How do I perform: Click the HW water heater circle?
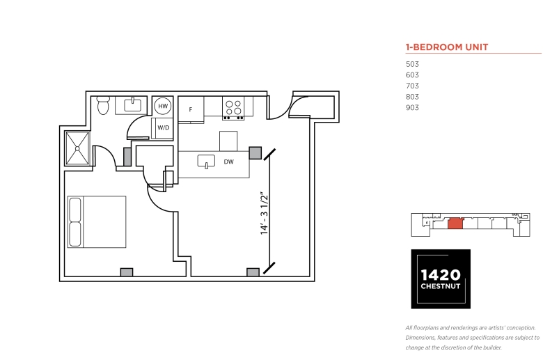point(163,106)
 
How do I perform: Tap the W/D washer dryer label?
point(164,127)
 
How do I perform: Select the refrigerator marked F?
point(191,109)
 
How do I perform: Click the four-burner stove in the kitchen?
point(233,108)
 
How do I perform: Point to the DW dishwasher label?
point(228,162)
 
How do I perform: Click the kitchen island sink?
point(206,162)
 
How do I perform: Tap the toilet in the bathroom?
point(103,105)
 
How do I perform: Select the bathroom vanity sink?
point(133,105)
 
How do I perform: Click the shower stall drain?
point(77,148)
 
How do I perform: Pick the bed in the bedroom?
point(97,221)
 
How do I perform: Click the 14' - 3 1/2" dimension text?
point(265,214)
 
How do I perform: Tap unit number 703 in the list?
point(412,86)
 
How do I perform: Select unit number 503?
point(412,64)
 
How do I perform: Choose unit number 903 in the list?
point(412,107)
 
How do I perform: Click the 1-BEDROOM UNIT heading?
point(447,47)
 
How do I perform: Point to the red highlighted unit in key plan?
point(455,224)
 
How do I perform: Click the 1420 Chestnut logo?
point(441,279)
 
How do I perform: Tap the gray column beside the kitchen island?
point(255,152)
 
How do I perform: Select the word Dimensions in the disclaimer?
point(420,338)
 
